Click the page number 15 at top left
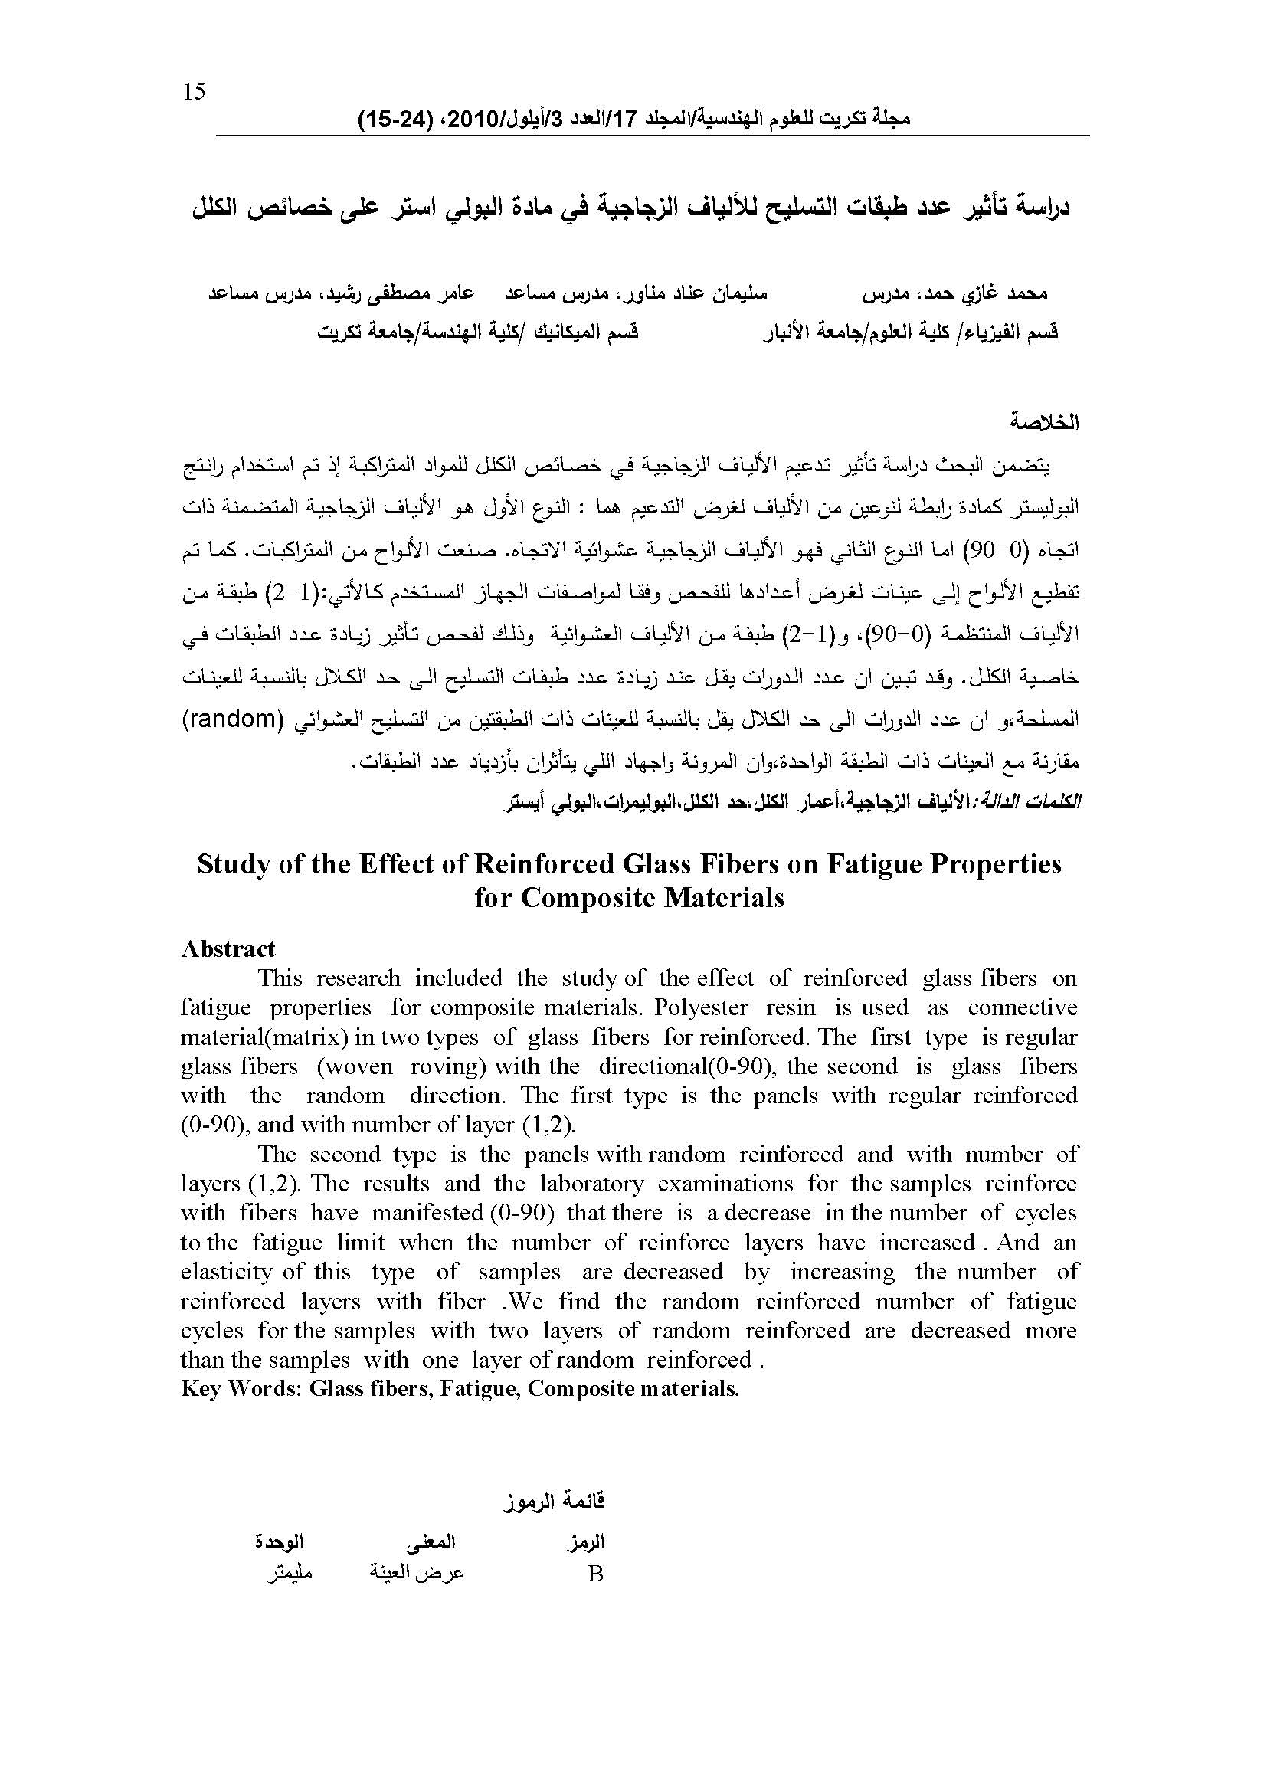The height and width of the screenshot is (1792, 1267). [x=194, y=92]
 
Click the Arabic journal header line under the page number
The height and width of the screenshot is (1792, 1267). [x=633, y=120]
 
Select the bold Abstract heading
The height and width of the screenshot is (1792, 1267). [x=228, y=948]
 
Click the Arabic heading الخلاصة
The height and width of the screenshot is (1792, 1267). [x=1043, y=422]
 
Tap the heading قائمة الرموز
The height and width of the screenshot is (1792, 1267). [x=554, y=1500]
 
